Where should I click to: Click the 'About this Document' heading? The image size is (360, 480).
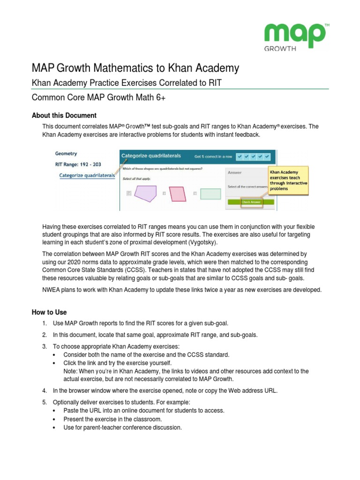(64, 115)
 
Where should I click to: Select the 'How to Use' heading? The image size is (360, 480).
(49, 312)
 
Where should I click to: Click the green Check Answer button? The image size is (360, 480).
(251, 202)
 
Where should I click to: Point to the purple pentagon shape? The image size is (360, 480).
(144, 193)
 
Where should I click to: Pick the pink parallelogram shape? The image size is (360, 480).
(177, 193)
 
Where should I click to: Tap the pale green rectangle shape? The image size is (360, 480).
(210, 194)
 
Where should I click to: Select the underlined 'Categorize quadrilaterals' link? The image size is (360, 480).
(87, 175)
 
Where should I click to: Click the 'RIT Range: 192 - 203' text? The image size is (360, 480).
(78, 165)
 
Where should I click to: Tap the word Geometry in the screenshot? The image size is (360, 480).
(66, 153)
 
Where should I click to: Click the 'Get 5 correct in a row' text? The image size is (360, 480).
(213, 156)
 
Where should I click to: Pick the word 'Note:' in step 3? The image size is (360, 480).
(71, 371)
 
